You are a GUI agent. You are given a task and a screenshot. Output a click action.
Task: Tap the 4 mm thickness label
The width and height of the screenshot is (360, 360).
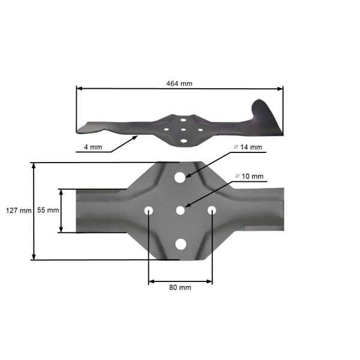click(92, 147)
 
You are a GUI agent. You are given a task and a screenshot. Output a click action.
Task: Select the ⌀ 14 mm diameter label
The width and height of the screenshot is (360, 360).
click(249, 147)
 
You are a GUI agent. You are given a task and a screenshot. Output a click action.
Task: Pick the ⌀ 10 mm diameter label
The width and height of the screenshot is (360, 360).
click(249, 176)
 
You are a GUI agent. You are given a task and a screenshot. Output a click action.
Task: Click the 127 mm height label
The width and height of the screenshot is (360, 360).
click(17, 211)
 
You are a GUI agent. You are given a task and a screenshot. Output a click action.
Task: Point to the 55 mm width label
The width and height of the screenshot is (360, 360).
click(47, 211)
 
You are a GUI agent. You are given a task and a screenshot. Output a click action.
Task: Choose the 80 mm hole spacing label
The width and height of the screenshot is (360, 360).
click(180, 287)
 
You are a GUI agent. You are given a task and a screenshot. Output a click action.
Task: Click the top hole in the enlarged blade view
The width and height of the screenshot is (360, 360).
click(180, 178)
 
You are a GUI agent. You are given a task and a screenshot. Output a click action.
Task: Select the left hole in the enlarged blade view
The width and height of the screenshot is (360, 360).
click(149, 210)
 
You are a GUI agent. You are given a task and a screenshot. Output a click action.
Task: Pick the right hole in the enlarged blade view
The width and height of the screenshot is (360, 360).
click(212, 210)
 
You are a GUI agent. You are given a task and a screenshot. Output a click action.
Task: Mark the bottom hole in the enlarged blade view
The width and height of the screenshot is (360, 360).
click(180, 243)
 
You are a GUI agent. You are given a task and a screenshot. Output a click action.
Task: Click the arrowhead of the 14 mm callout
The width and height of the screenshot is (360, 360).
click(188, 176)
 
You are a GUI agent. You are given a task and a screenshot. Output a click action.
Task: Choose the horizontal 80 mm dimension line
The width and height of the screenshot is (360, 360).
click(180, 280)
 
